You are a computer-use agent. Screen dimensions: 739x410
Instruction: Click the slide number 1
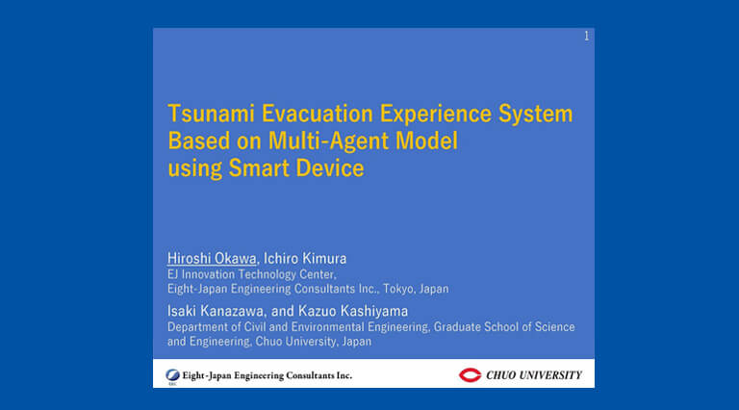[586, 36]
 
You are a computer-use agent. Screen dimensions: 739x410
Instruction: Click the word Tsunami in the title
[211, 114]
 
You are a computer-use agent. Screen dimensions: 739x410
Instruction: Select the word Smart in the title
[259, 168]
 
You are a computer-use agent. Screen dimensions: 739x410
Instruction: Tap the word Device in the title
[330, 168]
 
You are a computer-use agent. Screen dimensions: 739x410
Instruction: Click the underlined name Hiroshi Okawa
[212, 258]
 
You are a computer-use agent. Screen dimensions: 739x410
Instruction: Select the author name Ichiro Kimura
[305, 258]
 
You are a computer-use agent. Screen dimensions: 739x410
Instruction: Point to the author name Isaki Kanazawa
[215, 311]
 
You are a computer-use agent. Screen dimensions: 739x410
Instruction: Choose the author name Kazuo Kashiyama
[353, 311]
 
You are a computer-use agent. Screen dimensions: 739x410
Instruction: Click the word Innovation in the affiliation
[208, 274]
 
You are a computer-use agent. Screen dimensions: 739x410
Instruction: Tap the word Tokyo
[396, 289]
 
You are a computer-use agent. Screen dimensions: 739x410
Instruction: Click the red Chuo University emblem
[470, 375]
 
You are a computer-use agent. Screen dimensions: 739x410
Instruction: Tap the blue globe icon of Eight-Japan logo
[172, 375]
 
